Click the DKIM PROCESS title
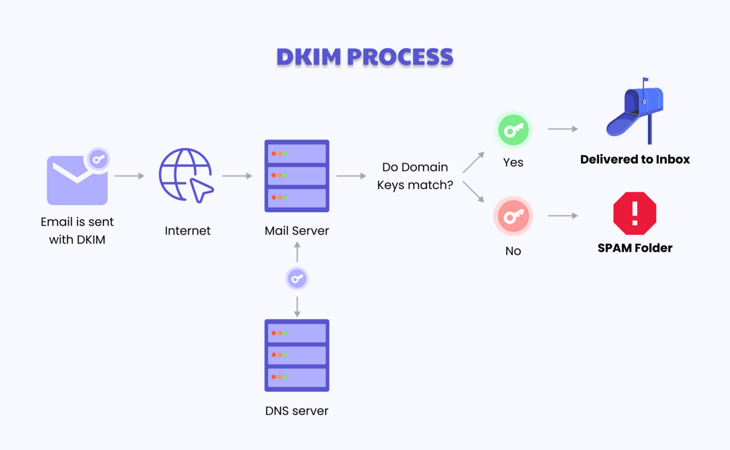(x=364, y=57)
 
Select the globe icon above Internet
(x=186, y=175)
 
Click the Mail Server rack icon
(x=296, y=175)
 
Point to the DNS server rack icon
(x=296, y=355)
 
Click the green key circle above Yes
(x=513, y=130)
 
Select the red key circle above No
(x=513, y=216)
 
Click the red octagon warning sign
(x=634, y=213)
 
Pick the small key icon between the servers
(x=297, y=278)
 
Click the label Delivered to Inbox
(x=635, y=160)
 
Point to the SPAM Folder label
(x=635, y=248)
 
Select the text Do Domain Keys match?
(x=415, y=176)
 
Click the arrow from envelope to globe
(x=129, y=176)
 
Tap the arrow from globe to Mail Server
(x=237, y=176)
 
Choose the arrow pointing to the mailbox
(x=563, y=129)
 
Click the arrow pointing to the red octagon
(x=563, y=215)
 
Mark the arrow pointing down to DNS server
(x=297, y=307)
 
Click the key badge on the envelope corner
(x=98, y=159)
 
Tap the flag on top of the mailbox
(x=645, y=80)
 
